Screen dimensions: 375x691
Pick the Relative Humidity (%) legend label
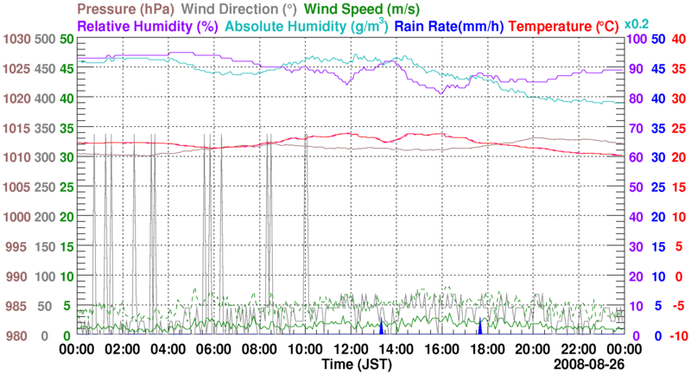click(x=150, y=27)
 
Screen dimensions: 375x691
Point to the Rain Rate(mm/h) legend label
click(x=450, y=27)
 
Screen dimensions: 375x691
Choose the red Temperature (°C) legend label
click(x=565, y=27)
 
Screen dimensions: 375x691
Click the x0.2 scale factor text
click(x=638, y=23)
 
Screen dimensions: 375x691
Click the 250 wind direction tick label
click(x=45, y=187)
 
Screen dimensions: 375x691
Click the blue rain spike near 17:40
click(x=480, y=327)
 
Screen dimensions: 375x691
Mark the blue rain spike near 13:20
click(x=381, y=327)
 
